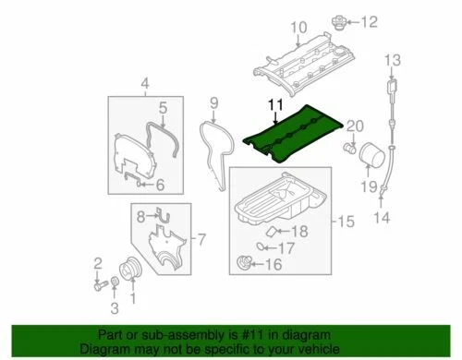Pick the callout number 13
[x=392, y=61]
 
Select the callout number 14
[x=381, y=219]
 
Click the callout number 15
[x=344, y=222]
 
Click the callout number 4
[x=143, y=87]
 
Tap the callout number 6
[x=158, y=186]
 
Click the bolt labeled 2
[x=97, y=282]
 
